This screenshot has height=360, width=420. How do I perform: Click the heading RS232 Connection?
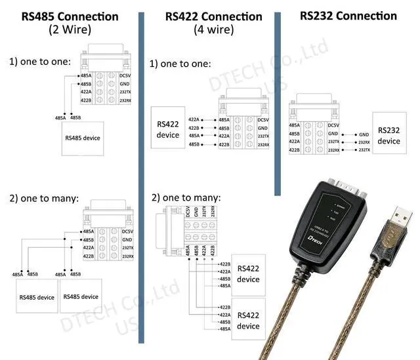[x=348, y=15]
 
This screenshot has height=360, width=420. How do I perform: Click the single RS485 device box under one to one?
[x=83, y=138]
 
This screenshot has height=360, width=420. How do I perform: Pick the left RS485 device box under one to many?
[x=36, y=297]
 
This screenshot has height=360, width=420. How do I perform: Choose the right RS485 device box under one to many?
[x=81, y=296]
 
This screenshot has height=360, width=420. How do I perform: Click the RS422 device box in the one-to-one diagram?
[x=168, y=130]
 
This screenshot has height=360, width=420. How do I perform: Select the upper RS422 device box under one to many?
[x=248, y=273]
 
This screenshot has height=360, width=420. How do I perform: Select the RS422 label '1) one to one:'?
[x=180, y=64]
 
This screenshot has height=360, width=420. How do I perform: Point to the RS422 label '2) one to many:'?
[x=186, y=197]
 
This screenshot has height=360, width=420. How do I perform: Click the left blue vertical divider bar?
[x=141, y=177]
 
